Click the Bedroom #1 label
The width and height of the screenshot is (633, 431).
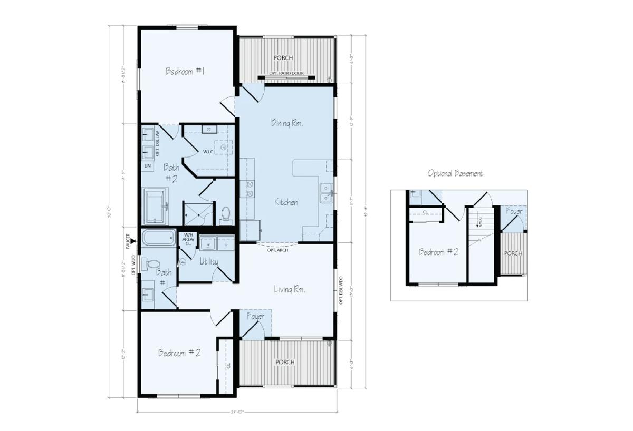coord(185,71)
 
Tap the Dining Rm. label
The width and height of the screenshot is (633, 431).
coord(286,123)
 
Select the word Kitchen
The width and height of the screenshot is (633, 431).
coord(286,202)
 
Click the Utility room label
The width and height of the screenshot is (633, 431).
coord(209,261)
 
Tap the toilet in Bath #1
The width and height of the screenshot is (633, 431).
coord(154,263)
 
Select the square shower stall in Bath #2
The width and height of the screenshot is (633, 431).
coord(198,213)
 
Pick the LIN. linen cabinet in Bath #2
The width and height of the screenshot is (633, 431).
coord(148,166)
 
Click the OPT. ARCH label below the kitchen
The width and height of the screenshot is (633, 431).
coord(276,250)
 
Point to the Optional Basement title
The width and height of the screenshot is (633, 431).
coord(455,173)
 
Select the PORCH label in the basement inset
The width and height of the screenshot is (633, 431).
coord(513,253)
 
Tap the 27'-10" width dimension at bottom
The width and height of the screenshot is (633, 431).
coord(237,412)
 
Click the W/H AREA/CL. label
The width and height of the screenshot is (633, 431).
coord(188,240)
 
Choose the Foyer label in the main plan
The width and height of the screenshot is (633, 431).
coord(255,316)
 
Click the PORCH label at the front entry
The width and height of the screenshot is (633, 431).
coord(284,362)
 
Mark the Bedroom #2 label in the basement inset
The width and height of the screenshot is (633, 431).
coord(438,252)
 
